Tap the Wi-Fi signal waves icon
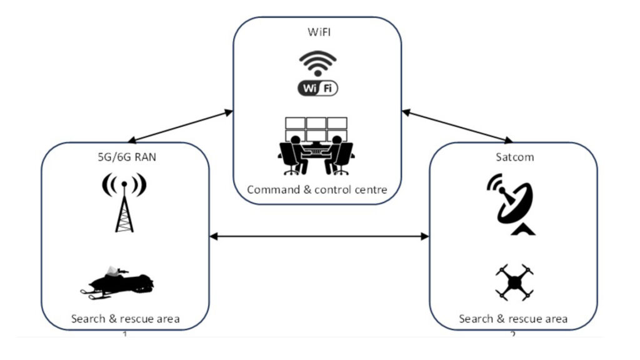[317, 62]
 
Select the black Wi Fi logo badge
[317, 88]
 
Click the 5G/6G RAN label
[124, 157]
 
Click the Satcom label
[514, 157]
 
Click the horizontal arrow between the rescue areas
[319, 236]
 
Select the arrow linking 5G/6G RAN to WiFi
[179, 126]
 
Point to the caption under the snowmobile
[125, 319]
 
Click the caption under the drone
[514, 319]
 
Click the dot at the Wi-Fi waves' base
[317, 73]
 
